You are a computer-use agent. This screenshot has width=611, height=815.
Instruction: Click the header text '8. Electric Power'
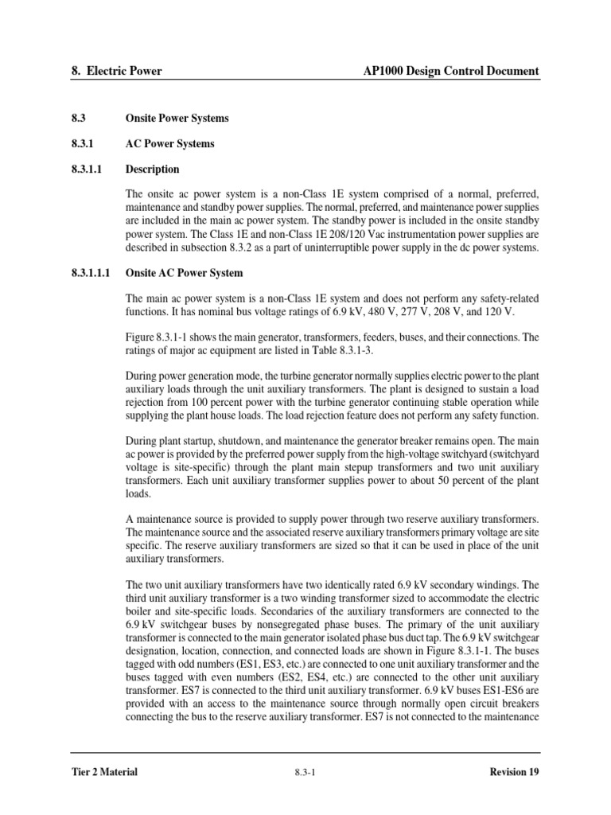(x=116, y=71)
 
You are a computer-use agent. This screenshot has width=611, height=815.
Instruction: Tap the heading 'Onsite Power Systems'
(x=177, y=119)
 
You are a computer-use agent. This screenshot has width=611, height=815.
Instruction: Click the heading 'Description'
(x=153, y=170)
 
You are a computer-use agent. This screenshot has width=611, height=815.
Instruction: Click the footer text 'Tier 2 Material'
(x=104, y=771)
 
